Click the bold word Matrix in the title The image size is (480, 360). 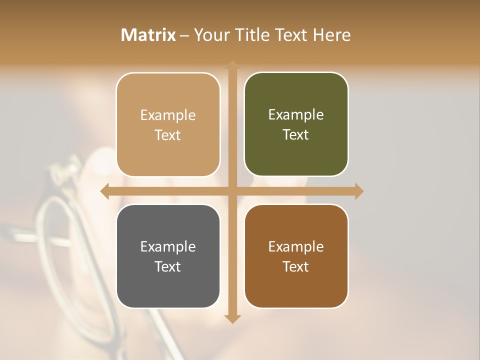tap(148, 35)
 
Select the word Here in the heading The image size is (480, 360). tap(332, 35)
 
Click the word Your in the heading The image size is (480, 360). tap(209, 35)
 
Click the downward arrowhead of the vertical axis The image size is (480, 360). tap(232, 318)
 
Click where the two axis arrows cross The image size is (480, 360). tap(232, 191)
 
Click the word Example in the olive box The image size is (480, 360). tap(296, 114)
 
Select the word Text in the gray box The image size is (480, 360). tap(167, 266)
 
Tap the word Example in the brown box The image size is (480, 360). tap(296, 246)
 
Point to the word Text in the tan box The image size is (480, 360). tap(167, 135)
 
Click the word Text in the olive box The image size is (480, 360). tap(296, 134)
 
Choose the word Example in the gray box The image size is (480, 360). tap(167, 246)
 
